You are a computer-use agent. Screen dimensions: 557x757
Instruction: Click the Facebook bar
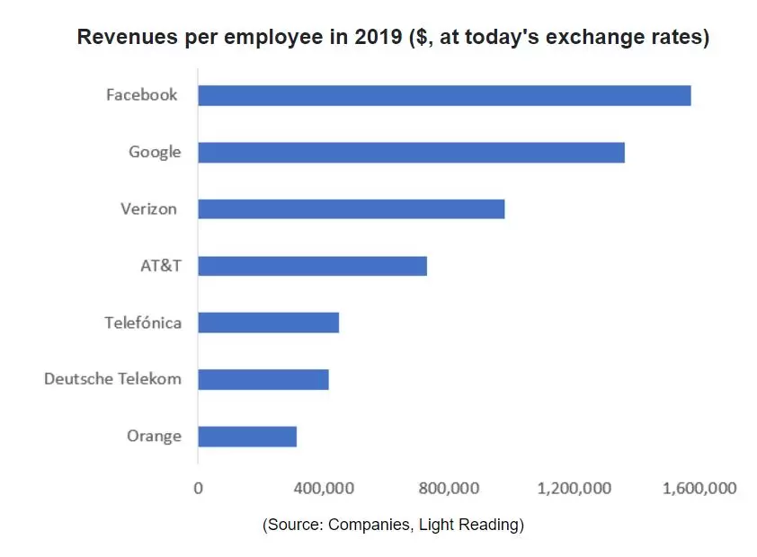[x=444, y=95]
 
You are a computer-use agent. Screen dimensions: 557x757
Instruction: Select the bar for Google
[x=411, y=152]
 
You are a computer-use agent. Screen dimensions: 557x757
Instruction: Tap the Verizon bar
[x=351, y=209]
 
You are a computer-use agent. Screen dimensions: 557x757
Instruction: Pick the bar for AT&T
[x=312, y=266]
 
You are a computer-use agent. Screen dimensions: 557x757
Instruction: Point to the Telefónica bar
[x=268, y=323]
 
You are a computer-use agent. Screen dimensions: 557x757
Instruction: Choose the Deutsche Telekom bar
[x=263, y=379]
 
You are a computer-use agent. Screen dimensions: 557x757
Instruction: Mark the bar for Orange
[x=247, y=437]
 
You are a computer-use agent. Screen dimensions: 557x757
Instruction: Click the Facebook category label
[x=141, y=94]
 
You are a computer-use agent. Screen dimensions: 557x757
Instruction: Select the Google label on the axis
[x=155, y=152]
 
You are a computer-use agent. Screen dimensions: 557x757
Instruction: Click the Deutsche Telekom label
[x=112, y=379]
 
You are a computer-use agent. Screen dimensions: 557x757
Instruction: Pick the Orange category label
[x=154, y=437]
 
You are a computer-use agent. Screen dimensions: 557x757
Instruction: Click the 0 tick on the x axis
[x=198, y=489]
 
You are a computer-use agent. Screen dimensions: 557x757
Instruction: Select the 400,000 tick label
[x=323, y=489]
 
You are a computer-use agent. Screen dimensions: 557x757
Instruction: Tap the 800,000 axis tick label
[x=448, y=489]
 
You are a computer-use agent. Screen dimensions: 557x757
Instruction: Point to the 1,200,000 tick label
[x=574, y=489]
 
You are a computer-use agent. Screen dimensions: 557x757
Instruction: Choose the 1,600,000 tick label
[x=699, y=489]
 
